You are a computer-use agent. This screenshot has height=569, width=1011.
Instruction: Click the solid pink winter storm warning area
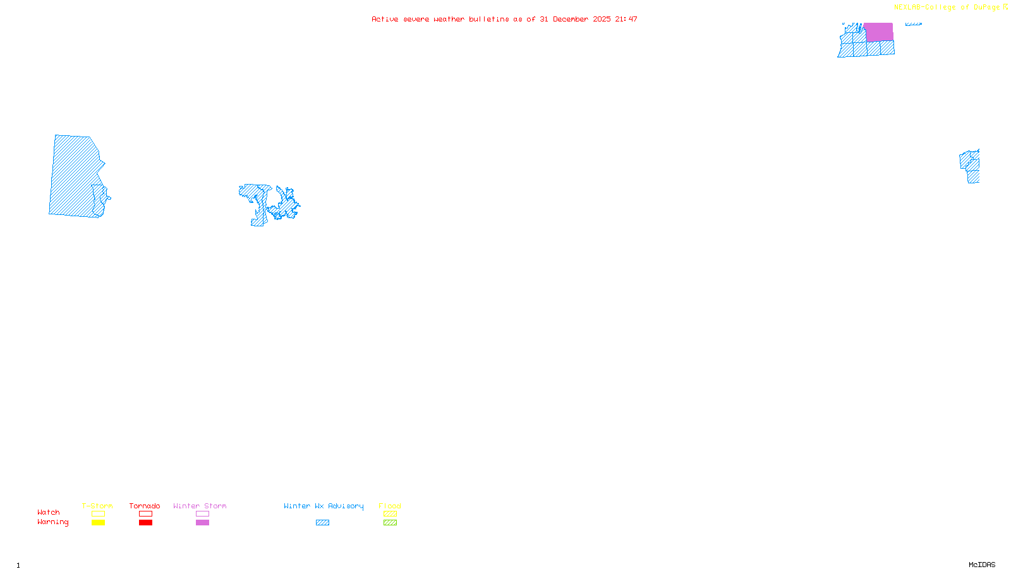pos(878,32)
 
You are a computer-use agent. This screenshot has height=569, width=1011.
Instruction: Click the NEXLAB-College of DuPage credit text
pos(947,8)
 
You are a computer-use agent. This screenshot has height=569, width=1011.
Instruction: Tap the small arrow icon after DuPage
pos(1005,7)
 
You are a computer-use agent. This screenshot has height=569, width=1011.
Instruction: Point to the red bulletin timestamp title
pos(504,19)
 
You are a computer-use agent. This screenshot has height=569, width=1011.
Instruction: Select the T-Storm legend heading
pos(97,506)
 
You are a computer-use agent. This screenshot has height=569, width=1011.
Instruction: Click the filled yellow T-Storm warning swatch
pos(98,523)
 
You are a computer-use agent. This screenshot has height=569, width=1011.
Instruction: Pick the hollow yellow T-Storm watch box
pos(98,514)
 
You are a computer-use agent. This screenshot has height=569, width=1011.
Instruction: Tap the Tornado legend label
pos(145,506)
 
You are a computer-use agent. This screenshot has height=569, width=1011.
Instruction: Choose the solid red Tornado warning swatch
pos(145,523)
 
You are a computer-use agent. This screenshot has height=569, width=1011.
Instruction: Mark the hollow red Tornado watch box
pos(145,514)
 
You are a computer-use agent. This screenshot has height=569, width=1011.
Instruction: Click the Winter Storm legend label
pos(200,506)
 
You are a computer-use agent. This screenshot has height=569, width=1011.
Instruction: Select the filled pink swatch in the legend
pos(202,523)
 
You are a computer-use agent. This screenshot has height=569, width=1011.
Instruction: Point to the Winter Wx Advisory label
pos(324,506)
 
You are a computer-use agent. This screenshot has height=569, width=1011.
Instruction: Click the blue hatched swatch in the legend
pos(322,523)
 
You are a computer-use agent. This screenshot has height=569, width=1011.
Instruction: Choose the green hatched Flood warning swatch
pos(390,523)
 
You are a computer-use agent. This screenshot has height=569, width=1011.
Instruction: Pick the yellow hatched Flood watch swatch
pos(390,514)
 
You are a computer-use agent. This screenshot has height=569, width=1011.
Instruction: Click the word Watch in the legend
pos(49,512)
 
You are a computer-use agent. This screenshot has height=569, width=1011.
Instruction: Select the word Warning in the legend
pos(53,522)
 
